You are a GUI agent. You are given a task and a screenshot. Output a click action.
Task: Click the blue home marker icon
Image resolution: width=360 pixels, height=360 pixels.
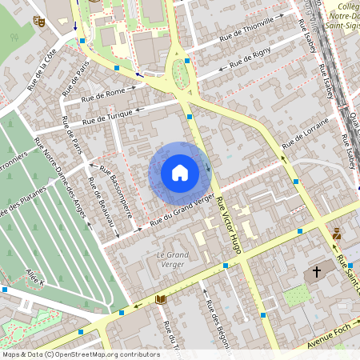coord(179,173)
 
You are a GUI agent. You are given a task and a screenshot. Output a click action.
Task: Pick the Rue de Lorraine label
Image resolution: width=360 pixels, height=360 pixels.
coord(306,135)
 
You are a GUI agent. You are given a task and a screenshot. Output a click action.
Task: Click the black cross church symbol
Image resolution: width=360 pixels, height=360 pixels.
coord(317,273)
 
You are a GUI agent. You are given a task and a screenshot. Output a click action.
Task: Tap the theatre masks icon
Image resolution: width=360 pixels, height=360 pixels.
coord(38,22)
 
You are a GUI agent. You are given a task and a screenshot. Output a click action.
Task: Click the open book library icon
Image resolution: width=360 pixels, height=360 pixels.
coord(161,299)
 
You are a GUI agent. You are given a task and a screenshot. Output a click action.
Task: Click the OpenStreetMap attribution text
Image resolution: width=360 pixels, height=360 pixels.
coord(80,354)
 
